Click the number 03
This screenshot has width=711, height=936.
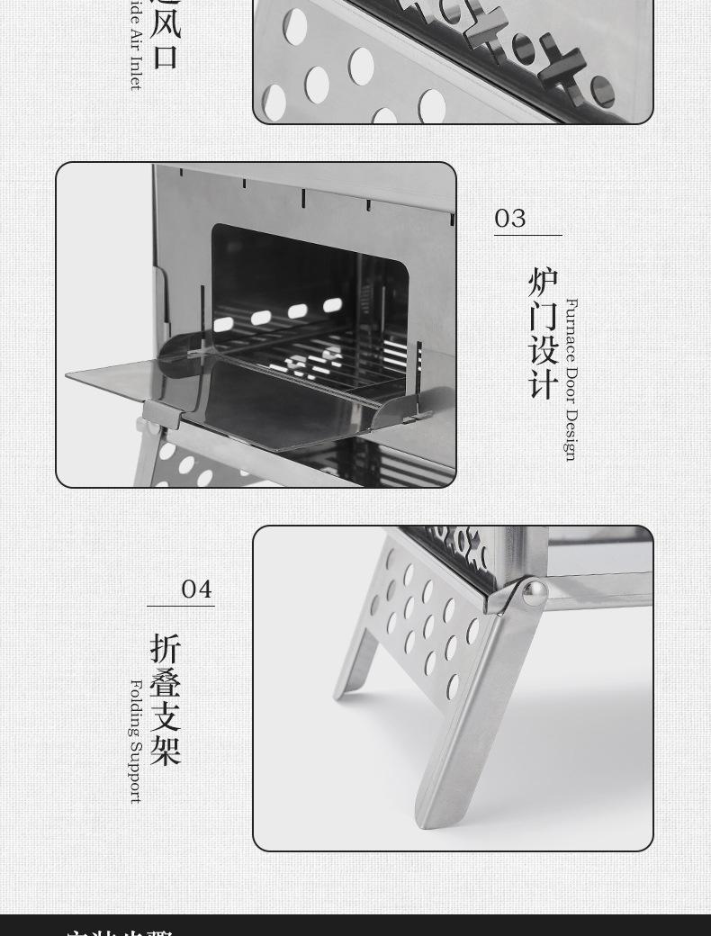[x=510, y=219]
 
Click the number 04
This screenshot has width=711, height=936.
[x=196, y=589]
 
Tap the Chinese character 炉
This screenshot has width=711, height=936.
[x=544, y=283]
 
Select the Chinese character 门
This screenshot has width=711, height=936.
[x=544, y=316]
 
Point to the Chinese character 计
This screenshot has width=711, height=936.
[x=544, y=383]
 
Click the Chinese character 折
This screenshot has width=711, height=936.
[x=166, y=649]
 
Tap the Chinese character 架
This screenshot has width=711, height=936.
[x=166, y=750]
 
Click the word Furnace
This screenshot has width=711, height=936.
[x=571, y=329]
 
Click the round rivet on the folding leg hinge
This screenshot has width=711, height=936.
[x=535, y=591]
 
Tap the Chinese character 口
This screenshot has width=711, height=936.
[x=166, y=56]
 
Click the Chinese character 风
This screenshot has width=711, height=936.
[x=166, y=21]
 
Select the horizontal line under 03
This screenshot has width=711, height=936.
[x=528, y=236]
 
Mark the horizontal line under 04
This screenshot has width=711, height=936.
[x=181, y=607]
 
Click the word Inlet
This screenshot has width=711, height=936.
[x=136, y=73]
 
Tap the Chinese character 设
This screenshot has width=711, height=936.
[x=544, y=350]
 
